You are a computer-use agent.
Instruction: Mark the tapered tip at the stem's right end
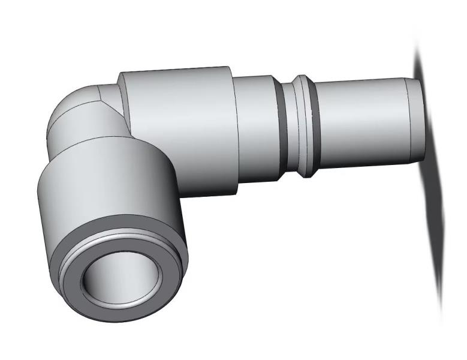click(x=415, y=120)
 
